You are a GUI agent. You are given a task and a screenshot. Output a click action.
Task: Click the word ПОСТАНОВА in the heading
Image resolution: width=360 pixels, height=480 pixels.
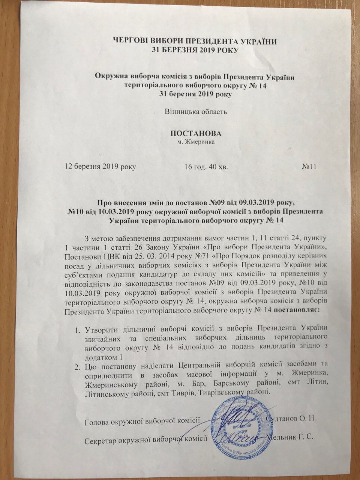coord(194,134)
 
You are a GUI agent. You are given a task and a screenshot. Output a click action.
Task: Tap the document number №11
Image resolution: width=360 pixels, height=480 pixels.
coord(310,166)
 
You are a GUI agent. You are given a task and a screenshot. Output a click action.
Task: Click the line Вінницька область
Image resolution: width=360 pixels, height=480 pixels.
coord(195,111)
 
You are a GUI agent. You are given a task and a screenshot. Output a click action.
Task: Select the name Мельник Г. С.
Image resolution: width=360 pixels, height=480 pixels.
coord(289,438)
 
